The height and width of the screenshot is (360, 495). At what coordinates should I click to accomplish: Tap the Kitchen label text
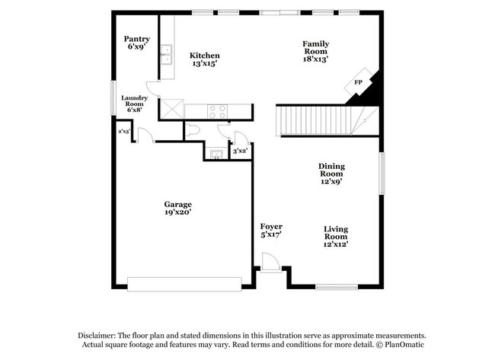coord(205,59)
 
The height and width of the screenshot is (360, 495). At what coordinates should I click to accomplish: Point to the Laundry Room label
coord(134,104)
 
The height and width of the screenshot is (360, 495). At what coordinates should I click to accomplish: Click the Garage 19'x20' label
coord(178,208)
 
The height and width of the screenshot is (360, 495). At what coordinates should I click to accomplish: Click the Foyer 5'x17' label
coord(271,231)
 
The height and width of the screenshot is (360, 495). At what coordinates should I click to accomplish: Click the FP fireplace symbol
coord(357,83)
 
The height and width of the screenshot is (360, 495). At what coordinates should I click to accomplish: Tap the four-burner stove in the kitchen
coord(218,111)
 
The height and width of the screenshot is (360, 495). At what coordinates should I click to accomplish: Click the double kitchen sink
coord(166,56)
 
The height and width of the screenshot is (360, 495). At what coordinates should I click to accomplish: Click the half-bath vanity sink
coord(216,155)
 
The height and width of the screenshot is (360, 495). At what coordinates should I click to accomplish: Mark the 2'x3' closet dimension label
coord(123,131)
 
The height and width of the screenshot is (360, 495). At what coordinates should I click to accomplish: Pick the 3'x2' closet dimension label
coord(239,151)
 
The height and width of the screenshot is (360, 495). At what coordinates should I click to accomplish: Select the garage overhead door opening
coord(184,284)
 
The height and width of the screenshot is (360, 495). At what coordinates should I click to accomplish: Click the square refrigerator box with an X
coord(171,110)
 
